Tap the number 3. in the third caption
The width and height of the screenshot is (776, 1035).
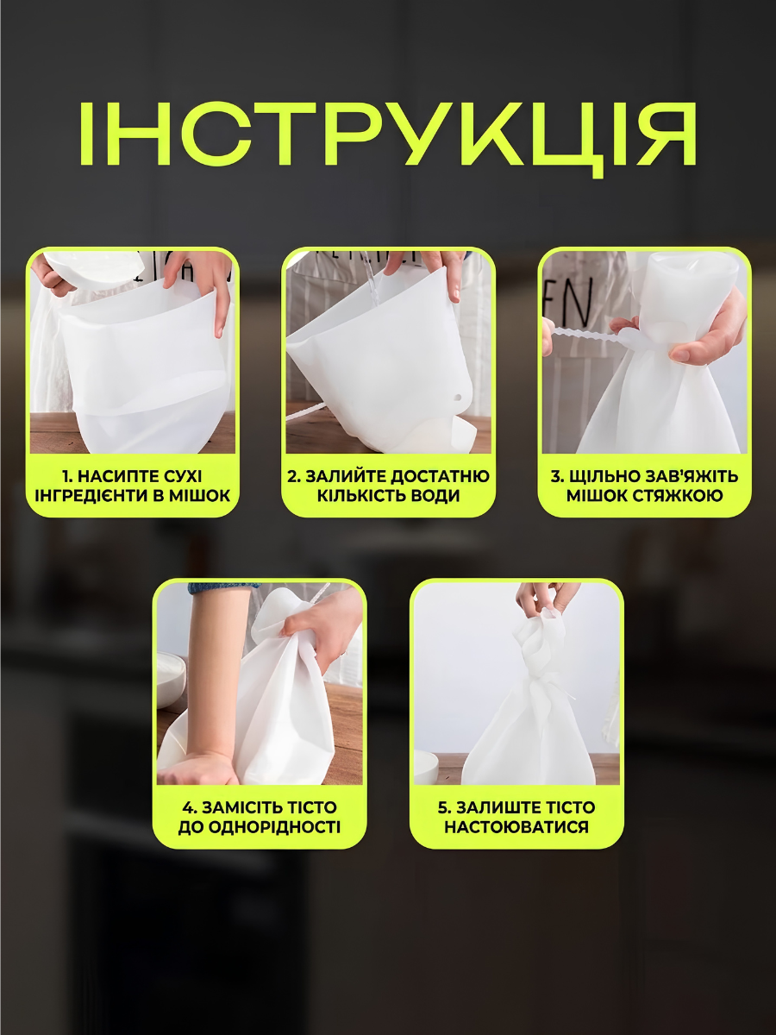tap(557, 477)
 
